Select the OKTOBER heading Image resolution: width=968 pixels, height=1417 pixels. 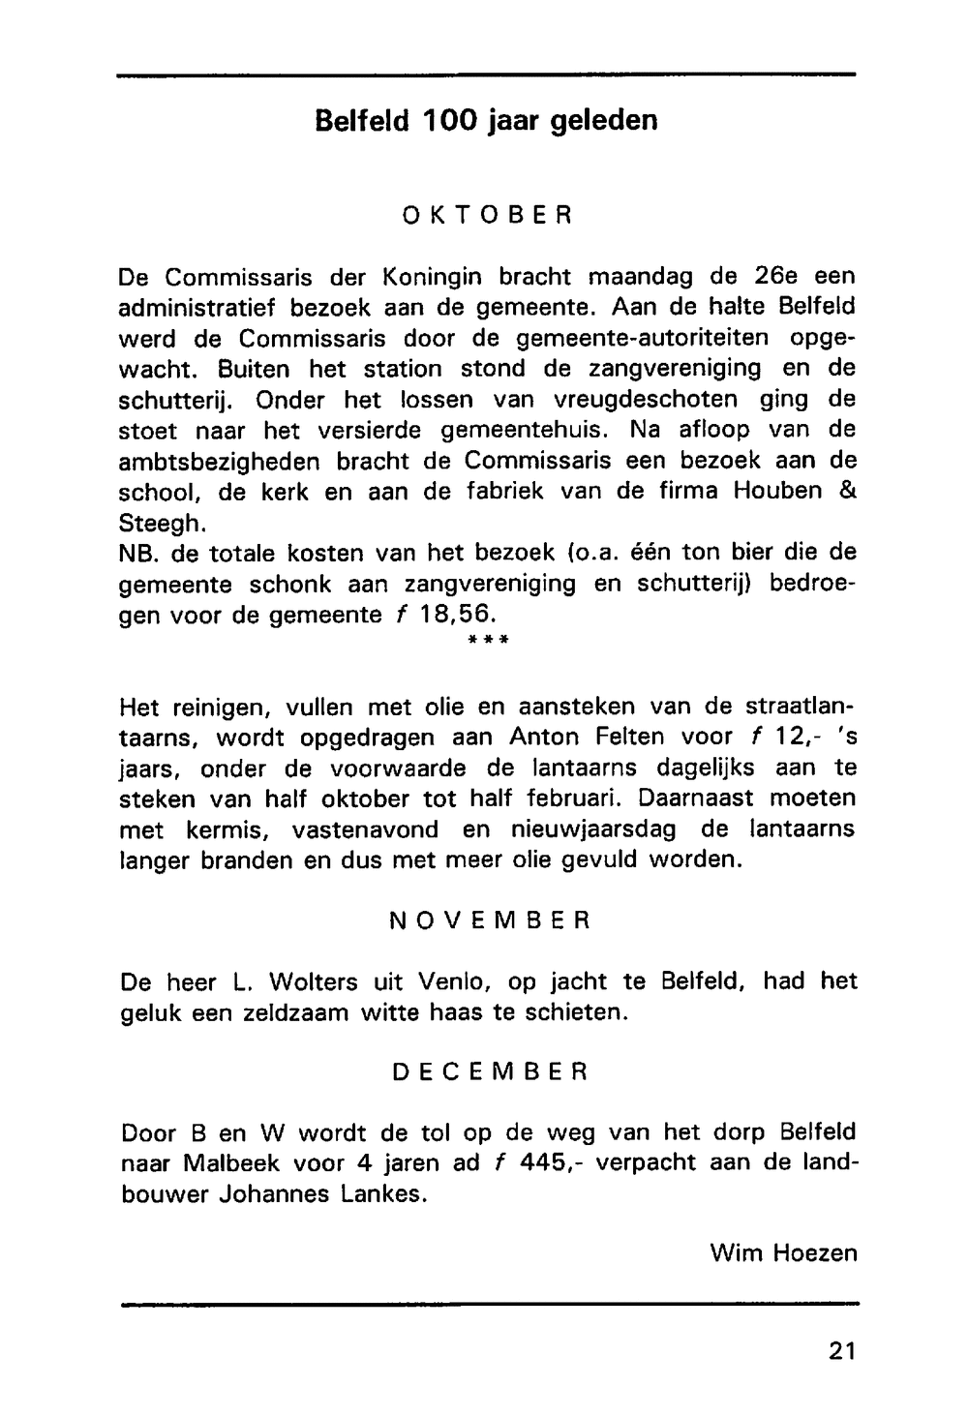point(488,215)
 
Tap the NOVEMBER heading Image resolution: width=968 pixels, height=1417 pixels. point(489,920)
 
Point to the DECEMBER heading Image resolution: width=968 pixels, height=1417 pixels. point(490,1072)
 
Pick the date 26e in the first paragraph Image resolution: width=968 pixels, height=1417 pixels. point(776,277)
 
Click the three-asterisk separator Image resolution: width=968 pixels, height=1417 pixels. point(489,640)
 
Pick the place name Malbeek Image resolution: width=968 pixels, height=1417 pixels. point(227,1162)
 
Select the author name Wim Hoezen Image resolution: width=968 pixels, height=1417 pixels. point(783,1253)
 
